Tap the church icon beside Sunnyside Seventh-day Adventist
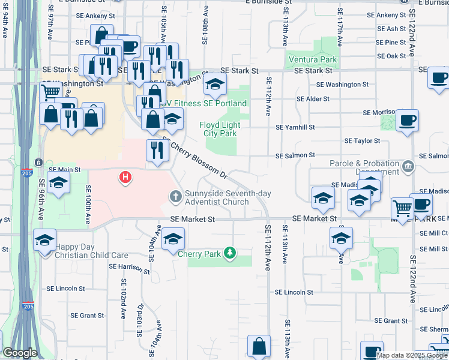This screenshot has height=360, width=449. point(176,196)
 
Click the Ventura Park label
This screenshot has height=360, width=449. point(313,60)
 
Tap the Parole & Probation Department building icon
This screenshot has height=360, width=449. point(408,166)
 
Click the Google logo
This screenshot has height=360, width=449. point(20,353)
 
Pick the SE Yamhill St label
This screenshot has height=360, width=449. point(295,127)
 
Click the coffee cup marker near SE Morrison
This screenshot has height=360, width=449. point(407,120)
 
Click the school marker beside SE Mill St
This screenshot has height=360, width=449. point(342,238)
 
